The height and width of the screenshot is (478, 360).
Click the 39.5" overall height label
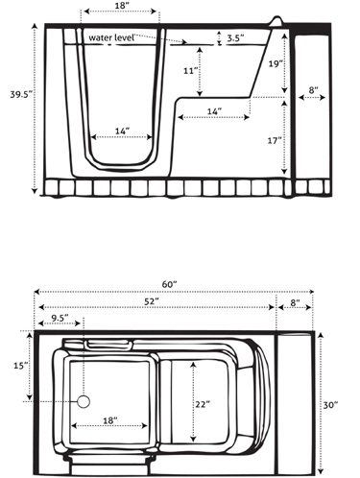tap(21, 95)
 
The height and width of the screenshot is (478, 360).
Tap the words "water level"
tap(111, 37)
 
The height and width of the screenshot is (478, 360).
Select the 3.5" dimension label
tap(235, 38)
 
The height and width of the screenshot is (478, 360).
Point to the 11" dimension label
tap(189, 70)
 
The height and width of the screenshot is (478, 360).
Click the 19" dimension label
tap(275, 63)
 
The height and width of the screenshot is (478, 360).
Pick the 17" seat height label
tap(275, 140)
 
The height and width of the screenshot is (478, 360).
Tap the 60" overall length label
tap(169, 284)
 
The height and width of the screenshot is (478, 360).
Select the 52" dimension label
tap(152, 301)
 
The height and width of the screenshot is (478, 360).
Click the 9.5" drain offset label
tap(60, 318)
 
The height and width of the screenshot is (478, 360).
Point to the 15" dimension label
tap(19, 366)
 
